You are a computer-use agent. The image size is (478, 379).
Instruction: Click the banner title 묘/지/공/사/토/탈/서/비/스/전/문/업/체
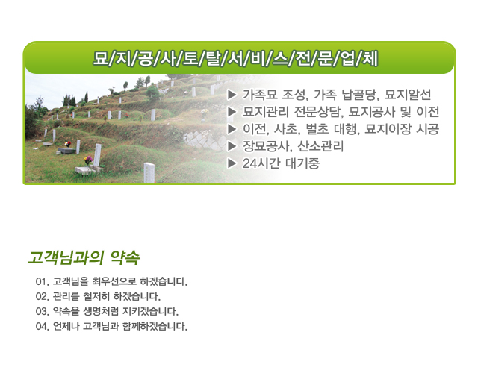(x=235, y=58)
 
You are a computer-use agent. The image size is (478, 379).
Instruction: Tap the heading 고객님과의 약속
(x=84, y=258)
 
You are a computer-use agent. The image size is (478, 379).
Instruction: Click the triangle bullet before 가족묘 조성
(x=232, y=95)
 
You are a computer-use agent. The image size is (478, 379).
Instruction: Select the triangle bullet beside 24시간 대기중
(x=232, y=163)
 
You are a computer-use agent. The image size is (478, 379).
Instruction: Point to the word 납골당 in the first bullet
(x=360, y=95)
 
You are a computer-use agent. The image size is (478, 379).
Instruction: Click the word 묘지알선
(x=408, y=95)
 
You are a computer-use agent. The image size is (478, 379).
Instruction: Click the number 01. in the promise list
(x=43, y=281)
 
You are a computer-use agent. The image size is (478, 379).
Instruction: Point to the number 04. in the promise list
(x=43, y=326)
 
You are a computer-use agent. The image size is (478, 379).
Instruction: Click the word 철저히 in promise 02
(x=96, y=296)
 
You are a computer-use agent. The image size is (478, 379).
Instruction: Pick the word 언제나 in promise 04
(x=66, y=326)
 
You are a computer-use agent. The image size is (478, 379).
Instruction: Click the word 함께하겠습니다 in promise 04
(x=155, y=326)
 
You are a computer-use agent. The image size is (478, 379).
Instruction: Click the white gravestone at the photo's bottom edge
(x=149, y=172)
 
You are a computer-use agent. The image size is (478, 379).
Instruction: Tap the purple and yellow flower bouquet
(x=88, y=160)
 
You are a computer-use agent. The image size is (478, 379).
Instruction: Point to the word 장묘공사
(x=267, y=146)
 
